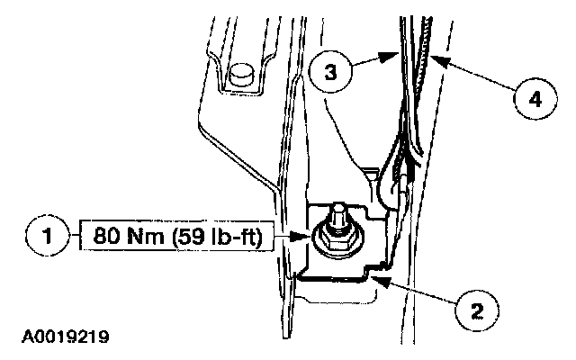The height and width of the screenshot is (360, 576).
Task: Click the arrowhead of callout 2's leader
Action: tap(381, 282)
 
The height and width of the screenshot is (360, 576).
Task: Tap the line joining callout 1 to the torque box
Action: tap(73, 239)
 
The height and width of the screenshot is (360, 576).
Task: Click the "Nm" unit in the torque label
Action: tap(143, 239)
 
